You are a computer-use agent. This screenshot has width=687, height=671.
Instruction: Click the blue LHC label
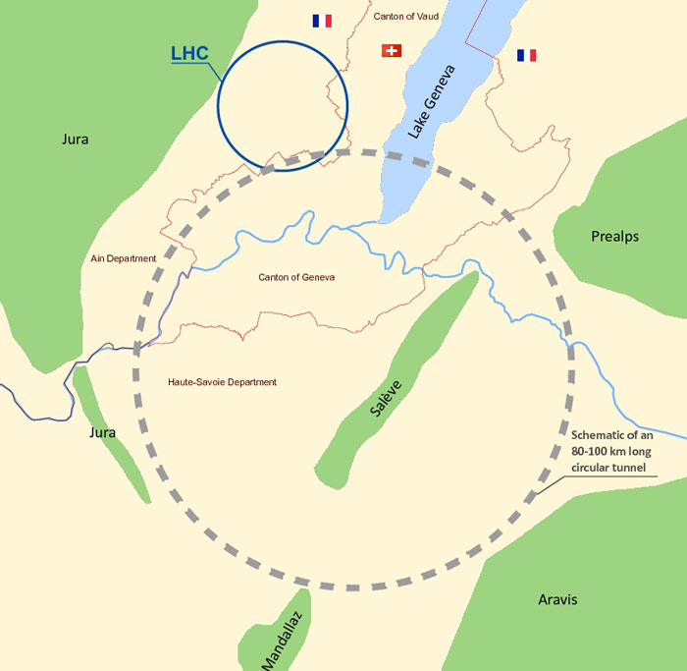[x=189, y=53]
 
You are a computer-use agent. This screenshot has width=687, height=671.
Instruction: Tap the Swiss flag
[x=392, y=50]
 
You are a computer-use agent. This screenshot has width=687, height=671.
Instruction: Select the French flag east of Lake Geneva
[x=527, y=55]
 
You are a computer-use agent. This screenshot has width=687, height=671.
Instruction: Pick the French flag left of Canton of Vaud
[x=322, y=21]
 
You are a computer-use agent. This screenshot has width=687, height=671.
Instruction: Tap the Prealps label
[x=614, y=237]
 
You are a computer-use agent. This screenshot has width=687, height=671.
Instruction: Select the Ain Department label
[x=123, y=258]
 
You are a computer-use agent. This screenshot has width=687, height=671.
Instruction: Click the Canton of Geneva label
[x=296, y=277]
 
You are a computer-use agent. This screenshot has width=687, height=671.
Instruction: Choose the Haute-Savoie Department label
[x=223, y=382]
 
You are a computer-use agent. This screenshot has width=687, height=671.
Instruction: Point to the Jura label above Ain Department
[x=75, y=140]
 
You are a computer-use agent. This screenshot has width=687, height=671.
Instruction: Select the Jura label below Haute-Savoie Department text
[x=102, y=432]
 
